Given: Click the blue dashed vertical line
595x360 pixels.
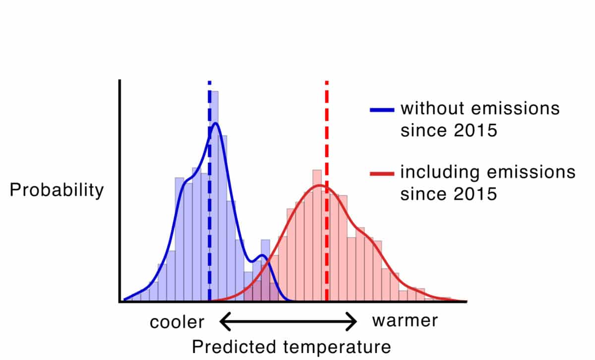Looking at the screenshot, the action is click(210, 191).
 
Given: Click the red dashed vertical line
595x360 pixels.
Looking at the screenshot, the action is click(327, 191).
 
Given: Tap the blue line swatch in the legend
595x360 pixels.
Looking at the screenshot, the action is click(382, 110).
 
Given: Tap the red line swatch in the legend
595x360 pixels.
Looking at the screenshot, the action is click(382, 174).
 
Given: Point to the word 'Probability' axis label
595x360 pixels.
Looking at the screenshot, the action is click(57, 190).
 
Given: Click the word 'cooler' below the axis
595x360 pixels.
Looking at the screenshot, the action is click(177, 322).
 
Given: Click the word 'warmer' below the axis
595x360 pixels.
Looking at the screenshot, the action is click(405, 321).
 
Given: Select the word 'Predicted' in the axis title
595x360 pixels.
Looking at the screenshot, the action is click(234, 347).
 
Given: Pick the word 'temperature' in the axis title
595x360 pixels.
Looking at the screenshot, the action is click(337, 348).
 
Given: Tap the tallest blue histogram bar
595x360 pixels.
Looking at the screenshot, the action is click(214, 196).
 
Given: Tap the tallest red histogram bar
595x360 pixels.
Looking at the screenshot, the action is click(317, 236).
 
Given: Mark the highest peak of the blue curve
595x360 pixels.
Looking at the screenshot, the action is click(216, 123).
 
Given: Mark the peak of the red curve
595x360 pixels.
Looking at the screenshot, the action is click(320, 185).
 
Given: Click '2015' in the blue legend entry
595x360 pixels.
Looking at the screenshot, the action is click(475, 130).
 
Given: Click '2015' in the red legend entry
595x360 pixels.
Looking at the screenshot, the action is click(475, 193).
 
